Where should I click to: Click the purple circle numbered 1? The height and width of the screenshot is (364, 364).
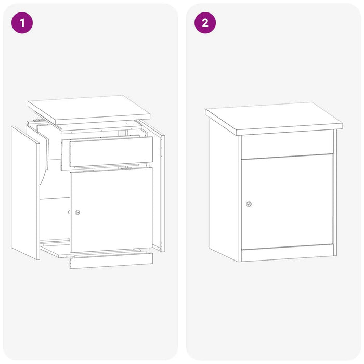point(22,23)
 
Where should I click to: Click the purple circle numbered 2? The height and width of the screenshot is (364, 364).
point(205,23)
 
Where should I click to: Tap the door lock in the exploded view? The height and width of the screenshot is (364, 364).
point(77,212)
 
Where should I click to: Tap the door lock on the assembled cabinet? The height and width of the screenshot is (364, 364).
point(249,204)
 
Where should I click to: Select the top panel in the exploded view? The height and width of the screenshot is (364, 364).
point(89,109)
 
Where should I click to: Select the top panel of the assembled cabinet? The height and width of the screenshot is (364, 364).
point(274,119)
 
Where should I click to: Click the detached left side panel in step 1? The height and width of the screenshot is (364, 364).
point(25,193)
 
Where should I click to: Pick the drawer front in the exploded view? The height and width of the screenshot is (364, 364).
point(111,152)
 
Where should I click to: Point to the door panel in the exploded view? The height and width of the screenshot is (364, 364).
point(111,210)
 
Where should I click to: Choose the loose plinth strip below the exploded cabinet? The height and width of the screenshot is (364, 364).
point(111,261)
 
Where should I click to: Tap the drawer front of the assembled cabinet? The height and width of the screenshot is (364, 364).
point(287,145)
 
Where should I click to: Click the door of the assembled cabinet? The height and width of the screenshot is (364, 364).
point(287,202)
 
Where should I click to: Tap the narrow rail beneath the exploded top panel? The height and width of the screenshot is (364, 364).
point(101,127)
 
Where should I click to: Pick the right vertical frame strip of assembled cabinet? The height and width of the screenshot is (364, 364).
point(335,193)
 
